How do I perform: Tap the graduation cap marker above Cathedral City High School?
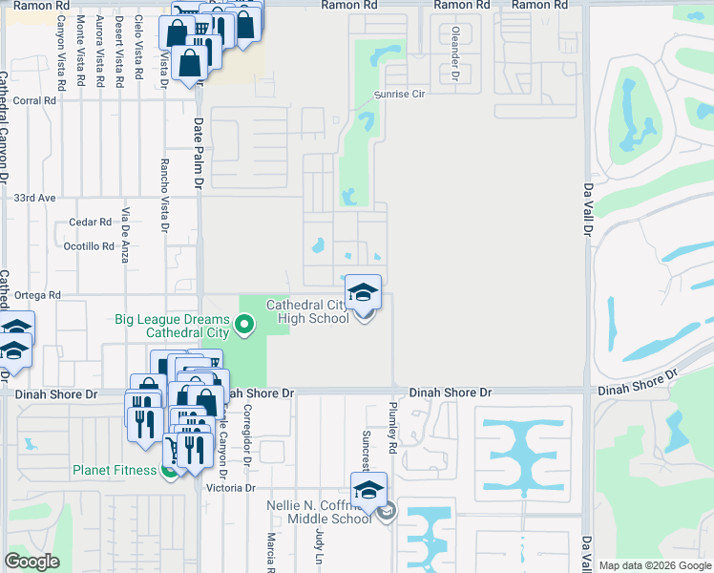tap(363, 292)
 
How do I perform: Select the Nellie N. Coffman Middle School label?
tap(330, 512)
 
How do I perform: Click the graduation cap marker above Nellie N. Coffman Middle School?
tap(368, 490)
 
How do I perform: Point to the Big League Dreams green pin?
tap(244, 325)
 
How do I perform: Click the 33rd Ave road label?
tap(35, 198)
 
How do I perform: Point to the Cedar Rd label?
tap(91, 222)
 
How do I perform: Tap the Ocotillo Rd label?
tap(88, 245)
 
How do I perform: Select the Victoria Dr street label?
tap(231, 488)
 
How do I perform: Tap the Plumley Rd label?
tap(392, 420)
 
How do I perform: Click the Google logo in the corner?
tap(32, 561)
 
